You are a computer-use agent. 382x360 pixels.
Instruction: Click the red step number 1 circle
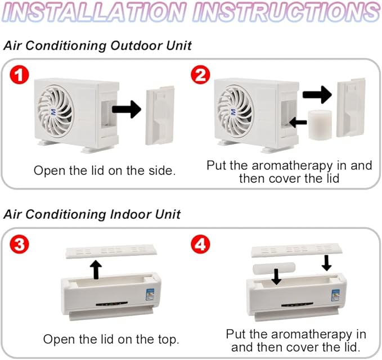pyautogui.click(x=20, y=75)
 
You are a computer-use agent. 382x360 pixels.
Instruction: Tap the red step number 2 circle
pyautogui.click(x=200, y=75)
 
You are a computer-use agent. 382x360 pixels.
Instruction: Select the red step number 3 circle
pyautogui.click(x=20, y=244)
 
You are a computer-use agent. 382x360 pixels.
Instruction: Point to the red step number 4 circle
pyautogui.click(x=200, y=244)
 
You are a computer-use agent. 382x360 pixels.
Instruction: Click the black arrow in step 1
pyautogui.click(x=127, y=109)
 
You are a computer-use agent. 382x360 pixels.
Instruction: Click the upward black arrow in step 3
pyautogui.click(x=97, y=269)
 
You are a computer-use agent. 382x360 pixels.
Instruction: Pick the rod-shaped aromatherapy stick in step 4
pyautogui.click(x=274, y=268)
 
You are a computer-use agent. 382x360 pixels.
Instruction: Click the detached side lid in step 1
pyautogui.click(x=160, y=115)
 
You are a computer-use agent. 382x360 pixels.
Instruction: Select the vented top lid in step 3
pyautogui.click(x=111, y=251)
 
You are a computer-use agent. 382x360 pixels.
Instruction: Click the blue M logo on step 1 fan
pyautogui.click(x=53, y=112)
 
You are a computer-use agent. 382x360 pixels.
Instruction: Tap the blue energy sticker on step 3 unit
pyautogui.click(x=150, y=294)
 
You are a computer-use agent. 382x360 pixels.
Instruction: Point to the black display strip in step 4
pyautogui.click(x=297, y=305)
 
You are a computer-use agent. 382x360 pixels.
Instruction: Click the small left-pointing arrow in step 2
pyautogui.click(x=298, y=122)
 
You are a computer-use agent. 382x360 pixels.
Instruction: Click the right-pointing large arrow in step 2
pyautogui.click(x=317, y=94)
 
